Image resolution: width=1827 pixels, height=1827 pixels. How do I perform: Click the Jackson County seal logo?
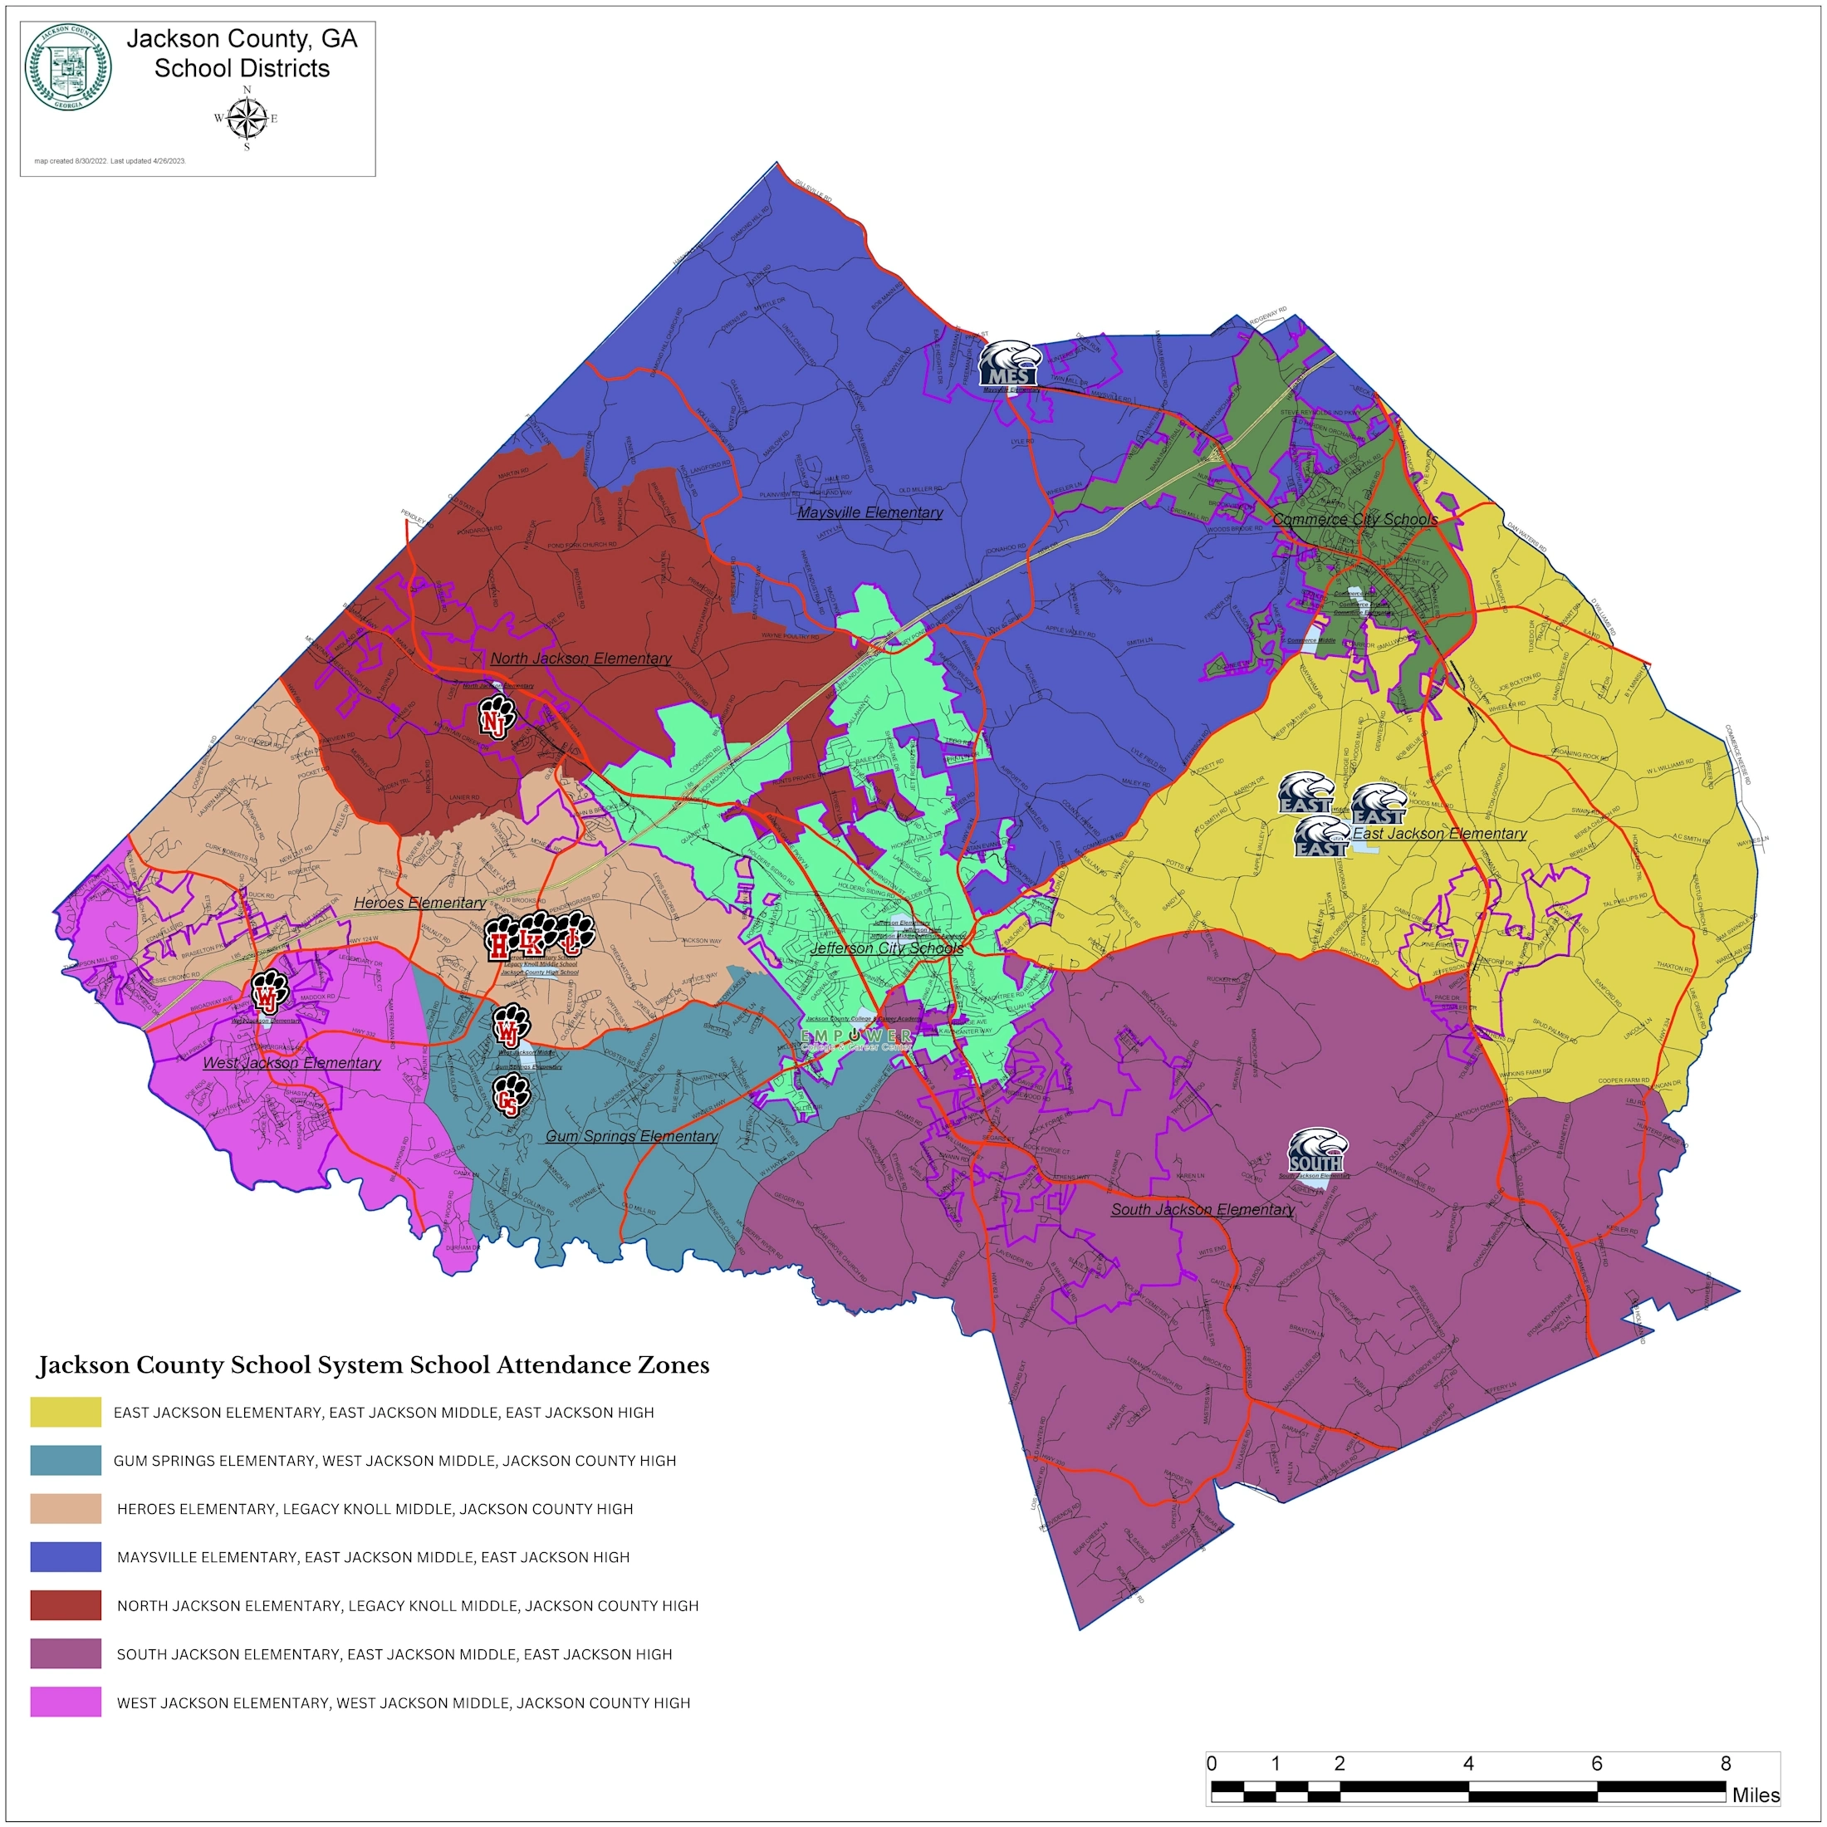point(67,68)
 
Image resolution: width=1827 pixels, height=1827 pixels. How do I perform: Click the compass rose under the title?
point(247,118)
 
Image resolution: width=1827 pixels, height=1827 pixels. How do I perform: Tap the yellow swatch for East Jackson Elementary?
point(66,1412)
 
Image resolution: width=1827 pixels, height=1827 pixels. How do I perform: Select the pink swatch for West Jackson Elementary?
point(66,1702)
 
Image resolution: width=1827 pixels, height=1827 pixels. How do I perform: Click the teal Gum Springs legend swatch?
point(66,1460)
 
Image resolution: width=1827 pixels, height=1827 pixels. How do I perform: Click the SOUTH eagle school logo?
point(1317,1151)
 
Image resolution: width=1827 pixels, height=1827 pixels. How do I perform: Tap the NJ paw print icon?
point(496,717)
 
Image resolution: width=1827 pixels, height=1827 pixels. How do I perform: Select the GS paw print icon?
point(511,1095)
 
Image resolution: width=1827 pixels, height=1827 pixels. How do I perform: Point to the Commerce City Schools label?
point(1354,519)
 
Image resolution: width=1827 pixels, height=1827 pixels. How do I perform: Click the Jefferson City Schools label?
point(886,948)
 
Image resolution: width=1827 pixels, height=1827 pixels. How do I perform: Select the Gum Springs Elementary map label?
point(631,1136)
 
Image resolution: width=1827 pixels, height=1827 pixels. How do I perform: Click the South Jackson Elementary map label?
point(1202,1209)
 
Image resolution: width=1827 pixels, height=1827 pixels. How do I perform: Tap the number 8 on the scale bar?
point(1725,1763)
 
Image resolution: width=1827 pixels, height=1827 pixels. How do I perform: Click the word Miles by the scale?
point(1755,1795)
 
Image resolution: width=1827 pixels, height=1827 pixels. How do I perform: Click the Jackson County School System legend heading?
point(373,1364)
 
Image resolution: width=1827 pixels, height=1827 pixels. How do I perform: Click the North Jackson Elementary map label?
point(580,659)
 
